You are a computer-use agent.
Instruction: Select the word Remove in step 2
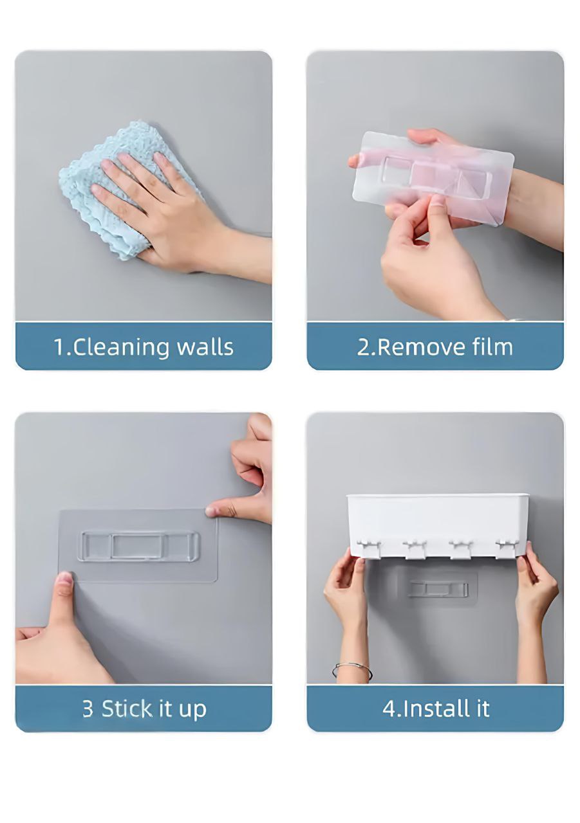tap(418, 347)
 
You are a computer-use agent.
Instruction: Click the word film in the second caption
tap(491, 347)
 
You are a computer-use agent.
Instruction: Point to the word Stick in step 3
tap(127, 709)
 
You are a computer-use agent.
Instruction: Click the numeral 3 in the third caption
tap(88, 709)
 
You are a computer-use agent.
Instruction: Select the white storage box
tap(438, 518)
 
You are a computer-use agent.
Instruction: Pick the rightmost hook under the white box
tap(506, 548)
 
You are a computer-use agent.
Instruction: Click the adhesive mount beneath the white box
tap(438, 588)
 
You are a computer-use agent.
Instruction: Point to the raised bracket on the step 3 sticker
tap(138, 546)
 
